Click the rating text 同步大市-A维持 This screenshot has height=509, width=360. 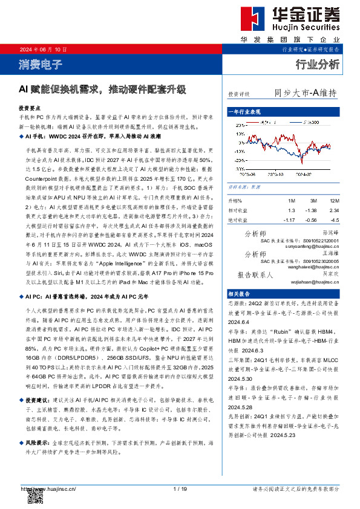pyautogui.click(x=305, y=93)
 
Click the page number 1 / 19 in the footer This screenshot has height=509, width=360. pyautogui.click(x=180, y=488)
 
